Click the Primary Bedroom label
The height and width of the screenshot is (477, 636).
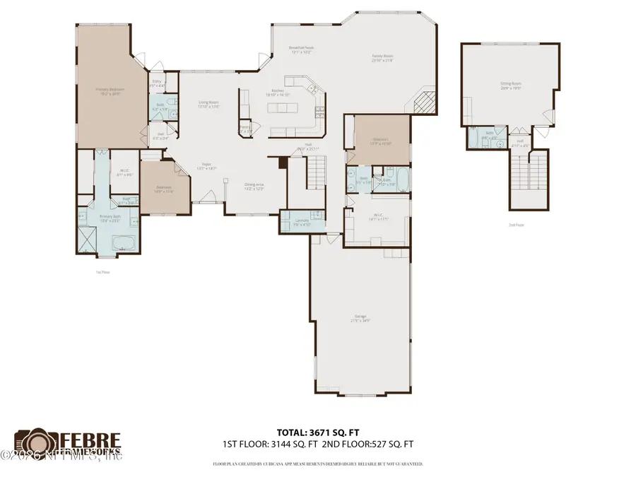pyautogui.click(x=110, y=90)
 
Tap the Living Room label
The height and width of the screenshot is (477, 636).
pyautogui.click(x=208, y=103)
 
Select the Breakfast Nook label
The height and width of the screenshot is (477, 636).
pyautogui.click(x=300, y=49)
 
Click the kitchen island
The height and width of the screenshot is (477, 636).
pyautogui.click(x=283, y=107)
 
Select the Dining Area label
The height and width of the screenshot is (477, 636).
pyautogui.click(x=254, y=186)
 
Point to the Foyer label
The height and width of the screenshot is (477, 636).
pyautogui.click(x=207, y=167)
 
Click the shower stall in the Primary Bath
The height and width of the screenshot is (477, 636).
pyautogui.click(x=87, y=237)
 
